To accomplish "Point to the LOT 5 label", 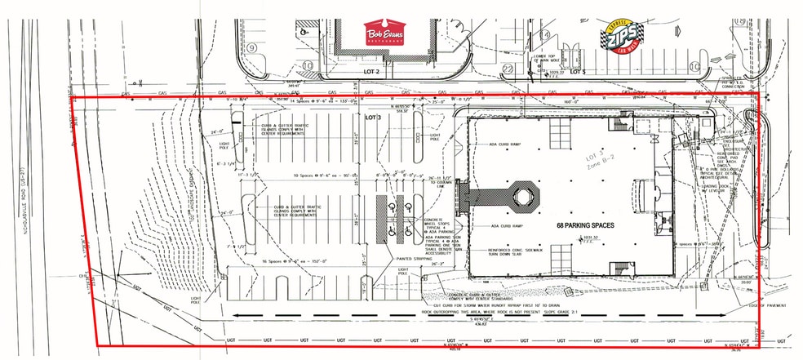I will click(x=578, y=73).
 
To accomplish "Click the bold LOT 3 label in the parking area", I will click(x=372, y=118).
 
